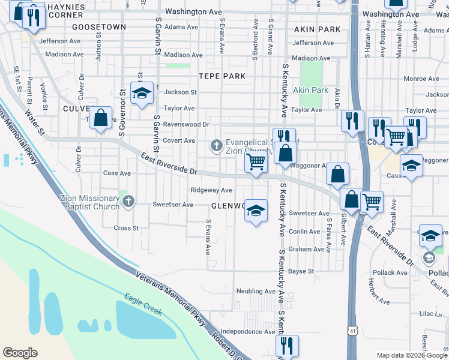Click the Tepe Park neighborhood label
pos(222,76)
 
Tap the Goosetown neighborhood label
pos(99,28)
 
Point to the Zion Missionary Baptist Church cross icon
pos(127,202)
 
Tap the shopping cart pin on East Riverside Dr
pos(256,162)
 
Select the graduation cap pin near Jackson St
pos(142,94)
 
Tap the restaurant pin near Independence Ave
pos(286,346)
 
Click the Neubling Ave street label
pos(255,292)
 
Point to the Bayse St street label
pos(301,271)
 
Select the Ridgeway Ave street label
pos(211,190)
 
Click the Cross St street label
pos(126,228)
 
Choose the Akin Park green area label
pos(310,90)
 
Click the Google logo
pos(20,353)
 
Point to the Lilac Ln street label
pos(430,314)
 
